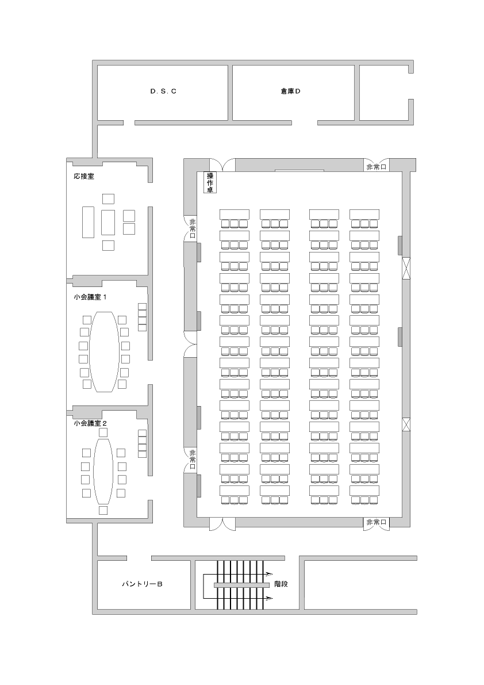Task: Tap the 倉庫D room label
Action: click(x=291, y=91)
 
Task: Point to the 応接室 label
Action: click(x=84, y=177)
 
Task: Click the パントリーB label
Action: click(x=142, y=584)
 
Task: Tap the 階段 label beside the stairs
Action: click(x=281, y=584)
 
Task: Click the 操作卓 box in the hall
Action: click(x=210, y=182)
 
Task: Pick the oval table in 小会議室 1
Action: click(x=104, y=351)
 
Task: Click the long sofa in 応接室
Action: click(x=88, y=222)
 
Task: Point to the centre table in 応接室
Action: click(x=108, y=223)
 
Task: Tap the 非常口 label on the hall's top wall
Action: click(x=376, y=166)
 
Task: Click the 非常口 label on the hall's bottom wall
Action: click(x=376, y=522)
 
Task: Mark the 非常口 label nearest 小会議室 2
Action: click(x=193, y=460)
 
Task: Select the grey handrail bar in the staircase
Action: click(x=241, y=584)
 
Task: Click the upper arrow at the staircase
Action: click(x=268, y=573)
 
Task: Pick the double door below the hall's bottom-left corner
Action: click(x=222, y=523)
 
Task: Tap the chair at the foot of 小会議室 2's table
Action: click(x=103, y=510)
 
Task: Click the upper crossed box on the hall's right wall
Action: click(x=406, y=268)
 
